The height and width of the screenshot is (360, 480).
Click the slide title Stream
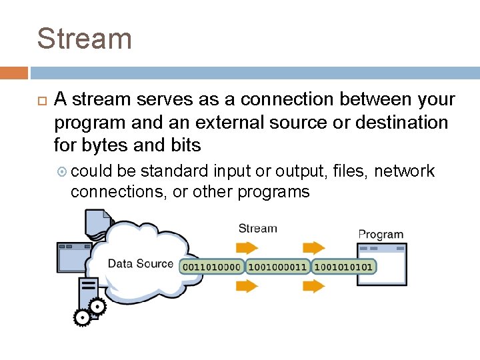pos(84,38)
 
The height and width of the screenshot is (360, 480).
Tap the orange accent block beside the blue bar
pos(14,73)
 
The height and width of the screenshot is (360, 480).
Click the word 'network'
pos(405,171)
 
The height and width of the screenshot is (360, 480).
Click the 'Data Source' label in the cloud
pos(141,263)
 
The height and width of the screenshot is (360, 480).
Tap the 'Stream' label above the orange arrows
pos(257,229)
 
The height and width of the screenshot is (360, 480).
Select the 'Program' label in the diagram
pos(381,234)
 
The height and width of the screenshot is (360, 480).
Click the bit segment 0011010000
pos(211,267)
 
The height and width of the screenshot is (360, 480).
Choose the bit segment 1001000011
pos(277,267)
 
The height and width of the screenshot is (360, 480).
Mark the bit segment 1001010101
pos(343,267)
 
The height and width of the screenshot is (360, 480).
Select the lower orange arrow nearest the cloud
pos(247,286)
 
